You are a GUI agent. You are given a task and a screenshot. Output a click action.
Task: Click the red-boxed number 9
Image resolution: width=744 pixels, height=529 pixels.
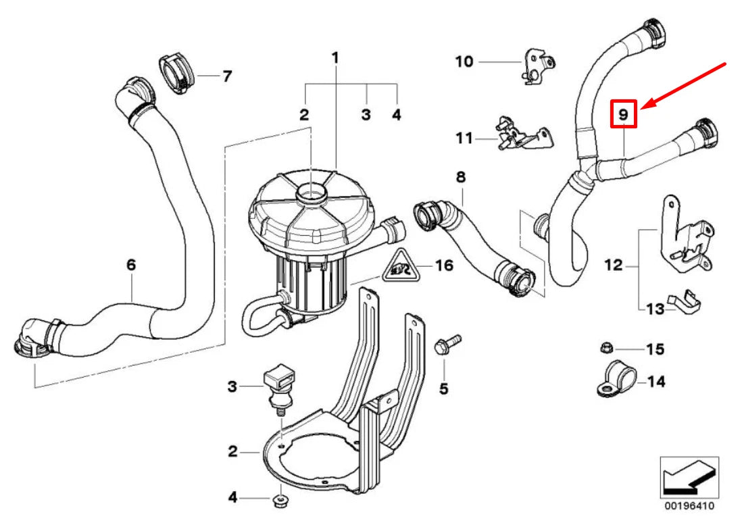[624, 114]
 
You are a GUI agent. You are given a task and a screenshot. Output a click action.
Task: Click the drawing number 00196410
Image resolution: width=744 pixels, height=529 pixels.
[689, 505]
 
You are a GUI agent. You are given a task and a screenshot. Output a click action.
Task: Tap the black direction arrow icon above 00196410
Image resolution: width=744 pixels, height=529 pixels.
[689, 477]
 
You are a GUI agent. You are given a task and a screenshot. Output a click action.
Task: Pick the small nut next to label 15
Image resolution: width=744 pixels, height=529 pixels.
[607, 349]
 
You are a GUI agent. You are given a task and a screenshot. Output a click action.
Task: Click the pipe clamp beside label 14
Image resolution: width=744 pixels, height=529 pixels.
[613, 380]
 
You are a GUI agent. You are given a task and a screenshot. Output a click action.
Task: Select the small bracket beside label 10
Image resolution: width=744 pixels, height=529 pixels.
[538, 66]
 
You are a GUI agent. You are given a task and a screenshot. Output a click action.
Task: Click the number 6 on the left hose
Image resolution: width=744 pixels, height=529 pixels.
[131, 266]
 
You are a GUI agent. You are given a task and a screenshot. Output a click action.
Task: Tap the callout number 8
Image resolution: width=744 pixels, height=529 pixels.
[460, 178]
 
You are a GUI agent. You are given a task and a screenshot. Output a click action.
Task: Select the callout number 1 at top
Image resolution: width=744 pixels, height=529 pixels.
[334, 58]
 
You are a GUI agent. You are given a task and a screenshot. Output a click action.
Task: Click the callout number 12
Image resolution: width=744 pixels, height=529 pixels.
[613, 266]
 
